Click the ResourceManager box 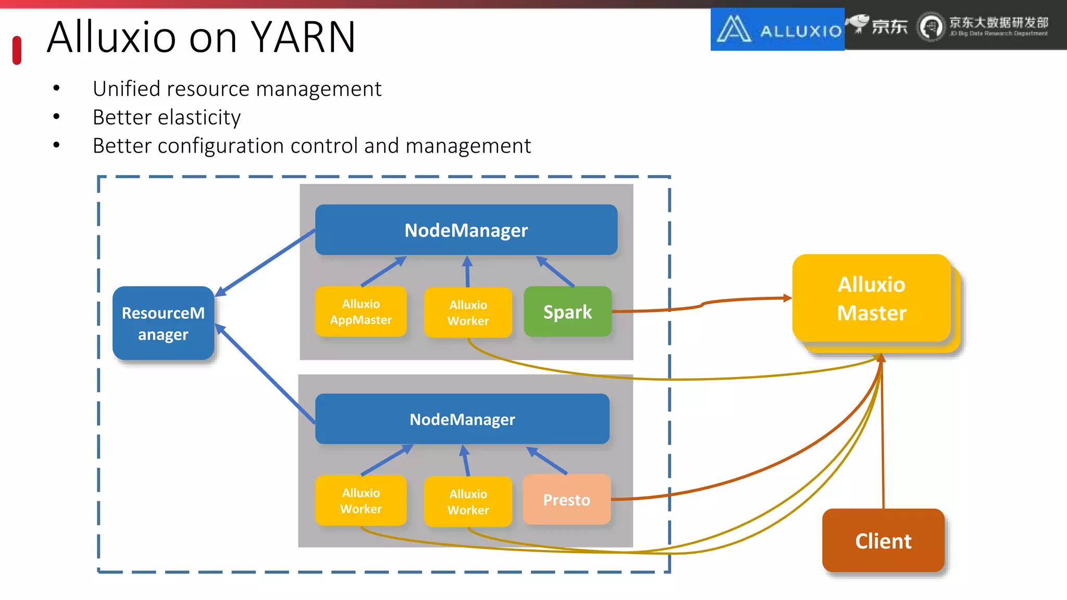163,323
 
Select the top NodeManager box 466,230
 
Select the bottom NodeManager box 462,419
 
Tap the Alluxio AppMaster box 361,311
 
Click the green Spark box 567,311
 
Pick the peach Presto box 566,499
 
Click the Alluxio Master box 871,298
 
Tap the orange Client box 883,541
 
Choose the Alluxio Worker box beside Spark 468,312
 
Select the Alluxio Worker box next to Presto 468,502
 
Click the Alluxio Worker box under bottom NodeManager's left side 361,501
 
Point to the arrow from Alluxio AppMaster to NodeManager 383,271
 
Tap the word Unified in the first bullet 126,89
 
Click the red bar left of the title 17,51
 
